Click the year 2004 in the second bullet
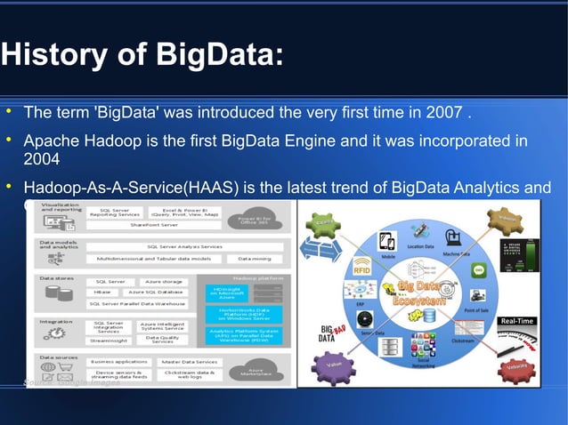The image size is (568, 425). (x=42, y=159)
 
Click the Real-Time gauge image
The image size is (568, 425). (x=517, y=334)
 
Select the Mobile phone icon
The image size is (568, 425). (x=388, y=242)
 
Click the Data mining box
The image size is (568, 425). (x=255, y=259)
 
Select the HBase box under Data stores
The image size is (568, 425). (x=103, y=292)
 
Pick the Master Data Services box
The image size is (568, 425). (x=189, y=362)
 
